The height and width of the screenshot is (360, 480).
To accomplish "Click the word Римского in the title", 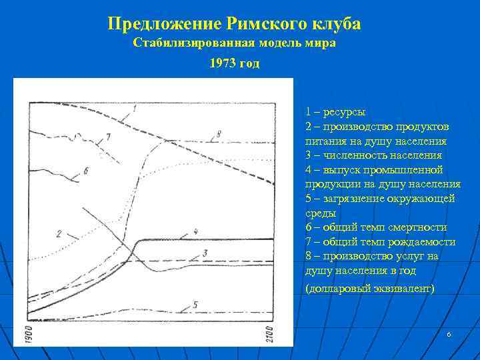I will pos(263,25).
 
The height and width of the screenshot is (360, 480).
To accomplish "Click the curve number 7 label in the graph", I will pos(107,137).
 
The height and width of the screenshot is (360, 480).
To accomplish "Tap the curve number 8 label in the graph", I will pos(218,135).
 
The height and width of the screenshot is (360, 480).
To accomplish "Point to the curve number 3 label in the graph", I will pos(206,253).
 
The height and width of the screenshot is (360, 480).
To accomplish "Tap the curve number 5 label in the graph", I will pos(195,305).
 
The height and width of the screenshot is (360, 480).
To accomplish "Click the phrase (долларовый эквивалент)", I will pos(369,289).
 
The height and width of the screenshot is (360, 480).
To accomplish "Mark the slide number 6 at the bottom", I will pos(449,333).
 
